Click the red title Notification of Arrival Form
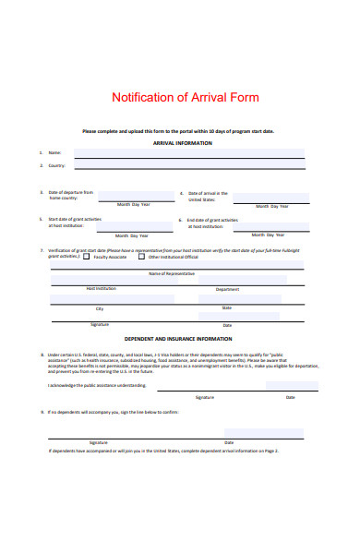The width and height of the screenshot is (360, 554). (x=185, y=97)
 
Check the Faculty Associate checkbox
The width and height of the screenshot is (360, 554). (x=87, y=257)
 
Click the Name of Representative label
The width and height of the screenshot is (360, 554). (x=172, y=274)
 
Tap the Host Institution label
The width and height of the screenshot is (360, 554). (x=101, y=289)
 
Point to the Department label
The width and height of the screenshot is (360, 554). (x=227, y=289)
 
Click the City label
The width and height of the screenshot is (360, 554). (x=100, y=307)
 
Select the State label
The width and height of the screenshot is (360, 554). (x=227, y=307)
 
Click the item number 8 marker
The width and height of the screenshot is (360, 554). (x=42, y=354)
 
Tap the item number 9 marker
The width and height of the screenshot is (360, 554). (x=42, y=412)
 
